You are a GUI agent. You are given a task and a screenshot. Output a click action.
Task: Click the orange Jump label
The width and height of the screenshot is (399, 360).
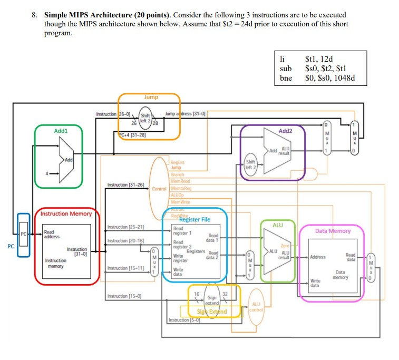149,97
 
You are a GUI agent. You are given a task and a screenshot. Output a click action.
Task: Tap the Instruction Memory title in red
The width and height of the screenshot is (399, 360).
63,213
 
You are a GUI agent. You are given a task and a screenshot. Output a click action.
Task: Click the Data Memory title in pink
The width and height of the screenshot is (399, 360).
333,231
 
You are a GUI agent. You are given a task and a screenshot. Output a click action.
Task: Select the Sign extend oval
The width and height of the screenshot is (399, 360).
212,300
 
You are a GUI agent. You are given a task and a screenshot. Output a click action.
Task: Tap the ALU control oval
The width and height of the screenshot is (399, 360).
257,306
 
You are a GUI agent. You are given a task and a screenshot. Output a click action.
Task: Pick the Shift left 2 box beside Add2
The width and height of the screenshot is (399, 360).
250,164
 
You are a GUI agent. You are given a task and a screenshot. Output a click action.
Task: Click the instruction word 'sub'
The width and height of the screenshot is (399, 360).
286,69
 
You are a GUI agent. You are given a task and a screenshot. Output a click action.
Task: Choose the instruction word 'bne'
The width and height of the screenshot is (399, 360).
286,78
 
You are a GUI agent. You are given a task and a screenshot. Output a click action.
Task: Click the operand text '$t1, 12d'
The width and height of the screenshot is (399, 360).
323,59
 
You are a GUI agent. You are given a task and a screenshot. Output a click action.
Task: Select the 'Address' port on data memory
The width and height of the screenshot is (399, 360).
318,257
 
